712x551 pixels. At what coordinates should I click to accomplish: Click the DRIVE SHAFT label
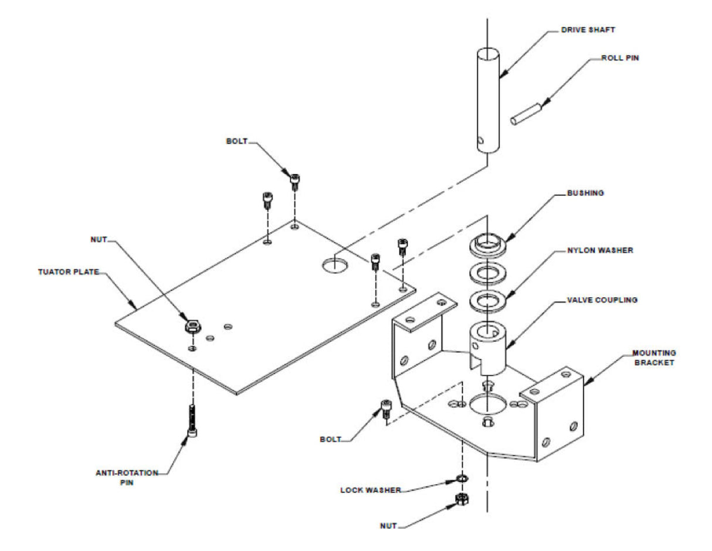pyautogui.click(x=588, y=30)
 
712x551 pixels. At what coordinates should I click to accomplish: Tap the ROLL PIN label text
pyautogui.click(x=620, y=58)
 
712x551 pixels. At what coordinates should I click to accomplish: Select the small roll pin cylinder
pyautogui.click(x=525, y=114)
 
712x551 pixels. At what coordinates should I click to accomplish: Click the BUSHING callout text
pyautogui.click(x=585, y=193)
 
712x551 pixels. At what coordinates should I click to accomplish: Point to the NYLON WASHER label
pyautogui.click(x=600, y=250)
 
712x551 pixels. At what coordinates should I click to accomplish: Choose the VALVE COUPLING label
pyautogui.click(x=602, y=300)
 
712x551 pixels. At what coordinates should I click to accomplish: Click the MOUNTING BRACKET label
pyautogui.click(x=654, y=358)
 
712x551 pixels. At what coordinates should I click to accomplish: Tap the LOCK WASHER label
pyautogui.click(x=371, y=490)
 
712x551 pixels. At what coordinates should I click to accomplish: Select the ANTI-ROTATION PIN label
pyautogui.click(x=127, y=478)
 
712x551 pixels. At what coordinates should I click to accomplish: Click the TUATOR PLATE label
pyautogui.click(x=69, y=272)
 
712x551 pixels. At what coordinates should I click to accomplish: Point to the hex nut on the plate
pyautogui.click(x=193, y=326)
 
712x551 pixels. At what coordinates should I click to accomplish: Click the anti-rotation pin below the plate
pyautogui.click(x=192, y=420)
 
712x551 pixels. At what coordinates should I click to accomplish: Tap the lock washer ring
pyautogui.click(x=462, y=479)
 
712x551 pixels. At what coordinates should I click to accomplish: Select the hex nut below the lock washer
pyautogui.click(x=462, y=499)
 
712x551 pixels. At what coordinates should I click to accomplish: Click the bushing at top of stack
pyautogui.click(x=487, y=244)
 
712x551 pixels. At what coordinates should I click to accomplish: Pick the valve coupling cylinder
pyautogui.click(x=487, y=348)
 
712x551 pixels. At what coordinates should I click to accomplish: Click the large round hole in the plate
pyautogui.click(x=335, y=265)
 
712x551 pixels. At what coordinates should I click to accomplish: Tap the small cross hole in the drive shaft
pyautogui.click(x=481, y=140)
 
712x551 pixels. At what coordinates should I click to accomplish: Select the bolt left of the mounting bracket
pyautogui.click(x=386, y=409)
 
